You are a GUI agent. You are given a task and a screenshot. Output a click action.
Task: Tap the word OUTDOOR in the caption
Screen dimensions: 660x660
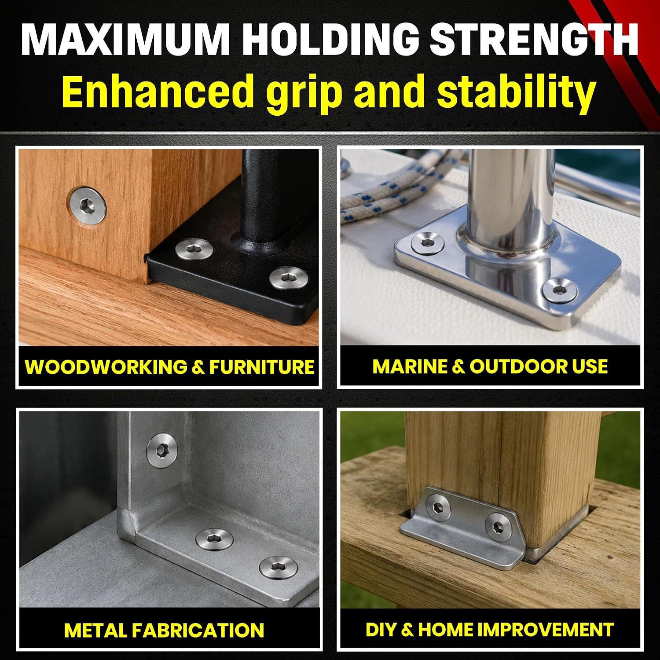click(518, 367)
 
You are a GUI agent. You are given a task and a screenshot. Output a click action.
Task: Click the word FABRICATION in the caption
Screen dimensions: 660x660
click(198, 630)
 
